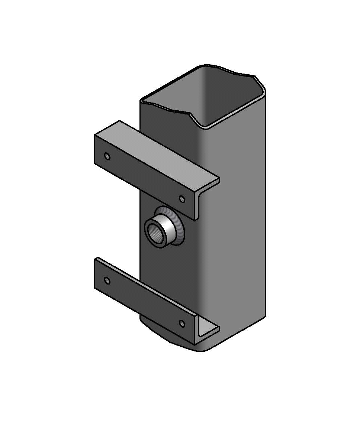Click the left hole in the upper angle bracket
(x=107, y=156)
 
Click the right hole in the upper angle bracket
(x=182, y=199)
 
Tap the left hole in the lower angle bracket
(x=107, y=280)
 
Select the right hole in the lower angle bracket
(x=182, y=324)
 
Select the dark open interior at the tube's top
(x=223, y=97)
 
